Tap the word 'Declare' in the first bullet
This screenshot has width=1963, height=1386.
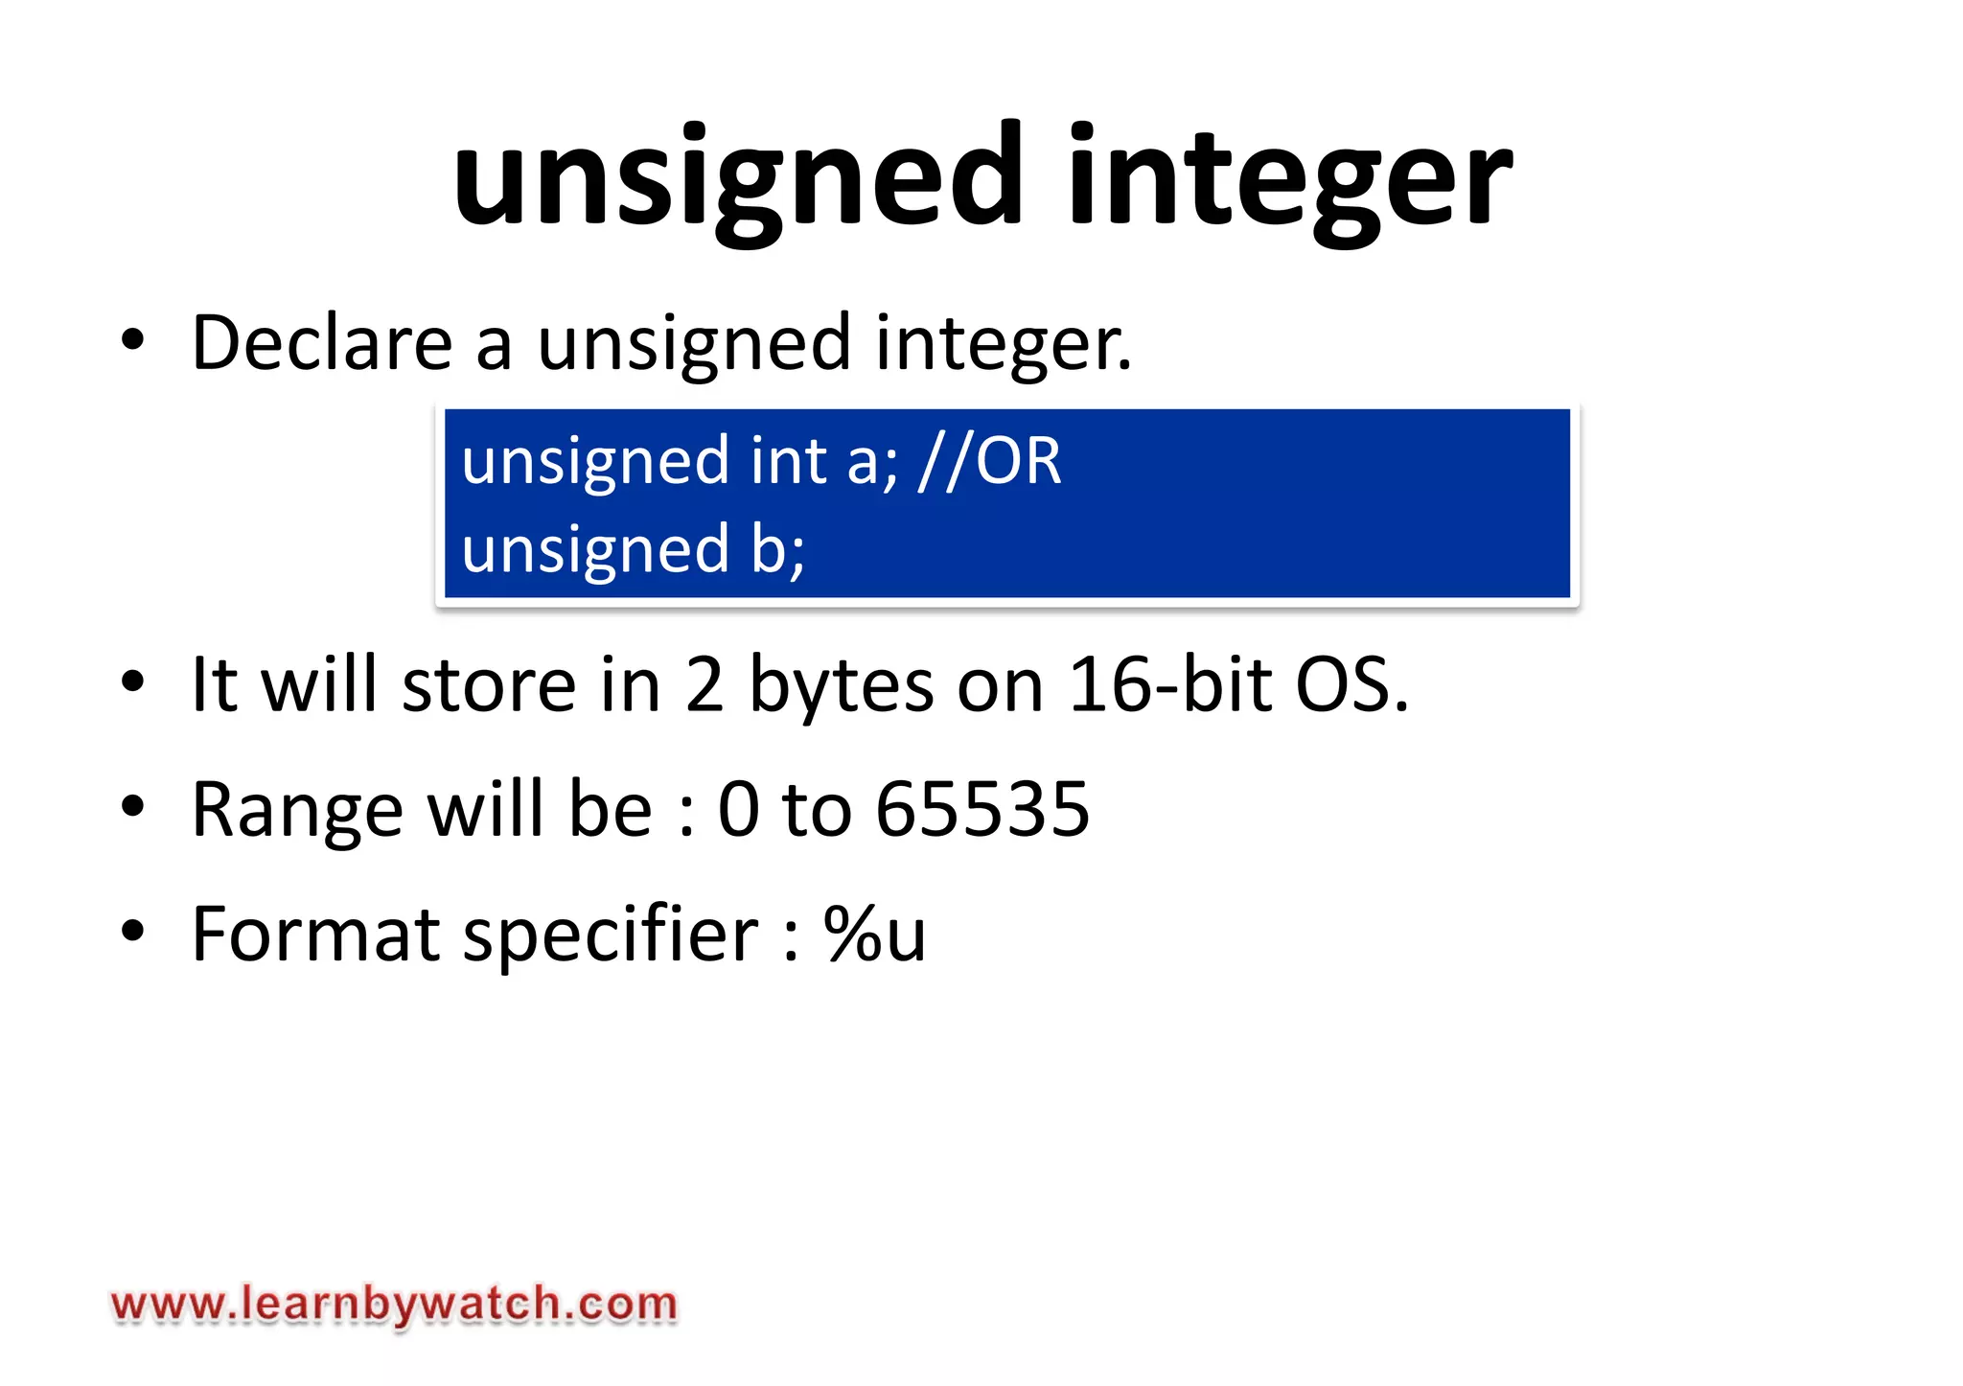322,342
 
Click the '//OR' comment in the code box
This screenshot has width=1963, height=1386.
989,461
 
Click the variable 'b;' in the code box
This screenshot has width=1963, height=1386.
777,549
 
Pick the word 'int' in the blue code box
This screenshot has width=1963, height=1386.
788,461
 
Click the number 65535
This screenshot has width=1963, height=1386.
982,809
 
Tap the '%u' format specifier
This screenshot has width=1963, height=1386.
874,934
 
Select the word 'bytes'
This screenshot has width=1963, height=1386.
841,686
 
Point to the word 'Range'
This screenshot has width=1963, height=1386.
297,811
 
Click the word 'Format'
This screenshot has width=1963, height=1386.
315,934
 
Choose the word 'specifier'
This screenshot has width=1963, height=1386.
612,936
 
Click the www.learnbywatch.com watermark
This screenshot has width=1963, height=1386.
394,1305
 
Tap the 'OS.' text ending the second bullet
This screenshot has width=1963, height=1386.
1352,684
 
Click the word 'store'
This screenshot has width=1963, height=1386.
489,686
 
